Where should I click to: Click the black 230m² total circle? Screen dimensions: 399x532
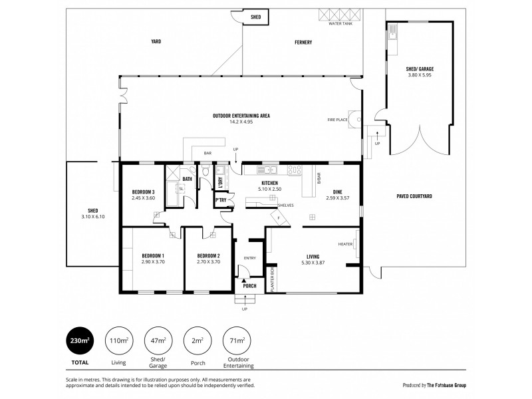click(x=79, y=341)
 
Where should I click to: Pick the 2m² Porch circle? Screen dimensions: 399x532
click(x=196, y=341)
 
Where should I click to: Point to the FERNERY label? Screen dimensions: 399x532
click(x=303, y=43)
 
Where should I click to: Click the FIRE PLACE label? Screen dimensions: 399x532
click(x=338, y=120)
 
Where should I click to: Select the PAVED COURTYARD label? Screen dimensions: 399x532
click(x=414, y=197)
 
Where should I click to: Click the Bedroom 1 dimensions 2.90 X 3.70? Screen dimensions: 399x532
click(x=153, y=262)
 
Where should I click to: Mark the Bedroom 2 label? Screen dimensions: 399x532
click(x=208, y=256)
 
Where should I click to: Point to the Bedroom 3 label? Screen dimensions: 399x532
click(x=143, y=192)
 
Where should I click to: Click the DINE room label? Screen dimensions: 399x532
click(x=338, y=192)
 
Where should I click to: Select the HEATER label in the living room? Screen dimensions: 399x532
click(x=345, y=244)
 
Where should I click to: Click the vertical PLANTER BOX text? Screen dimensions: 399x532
click(x=273, y=279)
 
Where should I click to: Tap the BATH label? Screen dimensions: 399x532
click(x=188, y=179)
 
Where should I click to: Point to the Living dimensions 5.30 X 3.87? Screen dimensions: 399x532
click(x=313, y=262)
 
